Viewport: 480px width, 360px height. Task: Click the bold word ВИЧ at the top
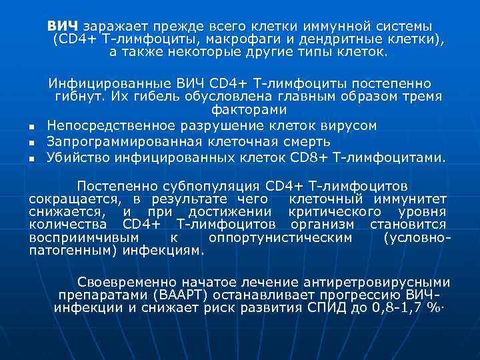(x=62, y=25)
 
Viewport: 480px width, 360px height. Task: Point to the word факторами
(x=249, y=110)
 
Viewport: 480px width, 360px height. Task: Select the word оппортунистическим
(x=280, y=238)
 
